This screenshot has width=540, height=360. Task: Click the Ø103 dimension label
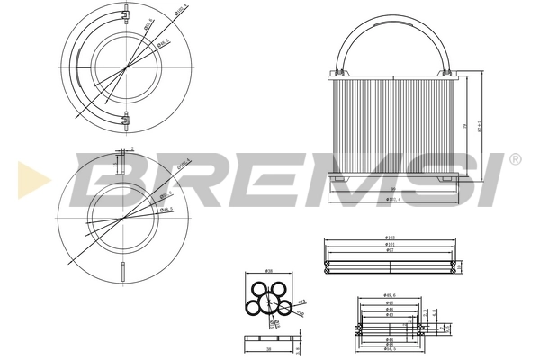389,238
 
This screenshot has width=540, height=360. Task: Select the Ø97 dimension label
389,249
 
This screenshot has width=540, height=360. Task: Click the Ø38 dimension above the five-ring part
269,272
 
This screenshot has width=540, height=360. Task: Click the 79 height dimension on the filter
465,126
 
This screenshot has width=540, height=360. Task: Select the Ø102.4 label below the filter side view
393,200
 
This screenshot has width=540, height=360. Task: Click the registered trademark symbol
515,159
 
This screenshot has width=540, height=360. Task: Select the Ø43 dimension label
389,315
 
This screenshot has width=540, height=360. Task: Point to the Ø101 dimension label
389,244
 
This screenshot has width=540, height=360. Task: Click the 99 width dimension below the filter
393,189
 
